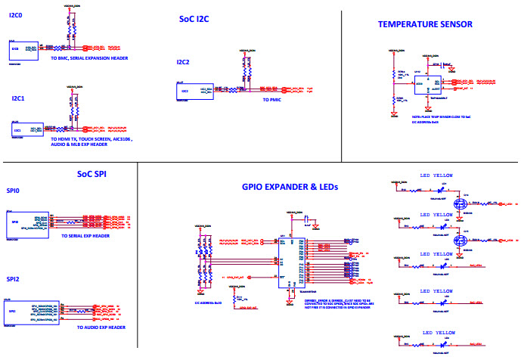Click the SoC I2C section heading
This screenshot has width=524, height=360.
point(194,19)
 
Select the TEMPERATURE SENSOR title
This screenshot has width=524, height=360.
point(425,24)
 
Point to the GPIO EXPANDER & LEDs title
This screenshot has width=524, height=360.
point(289,186)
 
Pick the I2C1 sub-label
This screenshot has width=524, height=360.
point(18,98)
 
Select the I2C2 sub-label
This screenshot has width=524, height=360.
point(183,62)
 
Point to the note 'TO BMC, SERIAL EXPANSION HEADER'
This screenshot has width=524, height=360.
point(89,57)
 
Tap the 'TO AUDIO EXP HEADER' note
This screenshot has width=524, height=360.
point(101,327)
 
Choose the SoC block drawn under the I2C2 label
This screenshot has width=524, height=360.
point(186,91)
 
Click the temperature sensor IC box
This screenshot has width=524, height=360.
point(426,84)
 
